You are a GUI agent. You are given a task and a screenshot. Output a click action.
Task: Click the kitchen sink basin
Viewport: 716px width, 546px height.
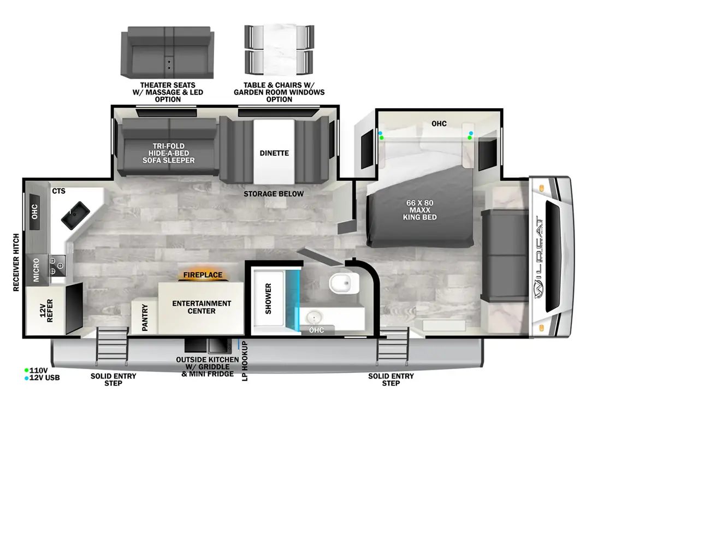(75, 215)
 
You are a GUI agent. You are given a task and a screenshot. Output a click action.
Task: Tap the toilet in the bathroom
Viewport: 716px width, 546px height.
(342, 283)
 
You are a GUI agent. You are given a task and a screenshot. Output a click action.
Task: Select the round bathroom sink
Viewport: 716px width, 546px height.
(314, 318)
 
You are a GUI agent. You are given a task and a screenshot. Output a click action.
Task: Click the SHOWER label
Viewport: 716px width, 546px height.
(268, 299)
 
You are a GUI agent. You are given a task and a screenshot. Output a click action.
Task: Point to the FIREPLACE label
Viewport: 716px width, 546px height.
(203, 275)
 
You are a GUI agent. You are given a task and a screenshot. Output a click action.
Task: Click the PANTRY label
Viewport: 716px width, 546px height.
(145, 317)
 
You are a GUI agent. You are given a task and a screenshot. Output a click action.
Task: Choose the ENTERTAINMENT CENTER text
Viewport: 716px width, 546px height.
(202, 307)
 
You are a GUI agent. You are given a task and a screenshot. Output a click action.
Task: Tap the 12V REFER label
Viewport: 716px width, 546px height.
(46, 311)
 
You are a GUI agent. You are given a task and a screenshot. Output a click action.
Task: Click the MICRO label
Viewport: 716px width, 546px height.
(36, 270)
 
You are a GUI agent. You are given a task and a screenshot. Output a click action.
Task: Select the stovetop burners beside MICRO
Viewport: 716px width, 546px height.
(57, 266)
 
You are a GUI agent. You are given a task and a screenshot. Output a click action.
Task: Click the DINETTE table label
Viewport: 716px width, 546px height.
(274, 153)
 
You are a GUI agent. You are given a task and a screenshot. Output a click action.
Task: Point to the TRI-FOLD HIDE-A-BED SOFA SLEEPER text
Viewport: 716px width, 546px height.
(168, 153)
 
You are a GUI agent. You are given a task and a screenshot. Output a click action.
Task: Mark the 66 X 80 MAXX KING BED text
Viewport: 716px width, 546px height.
(419, 210)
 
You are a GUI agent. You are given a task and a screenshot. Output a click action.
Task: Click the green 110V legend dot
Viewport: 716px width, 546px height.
(26, 370)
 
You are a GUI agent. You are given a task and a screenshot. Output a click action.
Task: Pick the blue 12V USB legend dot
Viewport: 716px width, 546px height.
(26, 378)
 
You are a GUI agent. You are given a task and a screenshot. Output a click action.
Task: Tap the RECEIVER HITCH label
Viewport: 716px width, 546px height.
(16, 263)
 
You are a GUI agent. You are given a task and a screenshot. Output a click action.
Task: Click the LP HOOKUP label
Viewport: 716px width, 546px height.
(245, 361)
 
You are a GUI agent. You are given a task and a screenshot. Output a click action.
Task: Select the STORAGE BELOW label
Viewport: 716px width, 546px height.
(274, 194)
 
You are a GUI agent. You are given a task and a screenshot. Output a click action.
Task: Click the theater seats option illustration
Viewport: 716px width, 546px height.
(167, 53)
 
